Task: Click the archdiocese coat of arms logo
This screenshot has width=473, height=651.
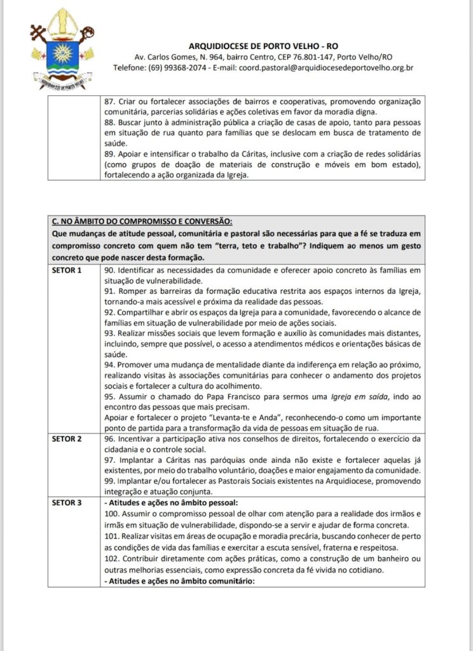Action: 61,48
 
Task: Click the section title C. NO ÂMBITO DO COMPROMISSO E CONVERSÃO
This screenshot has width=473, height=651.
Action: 141,221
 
